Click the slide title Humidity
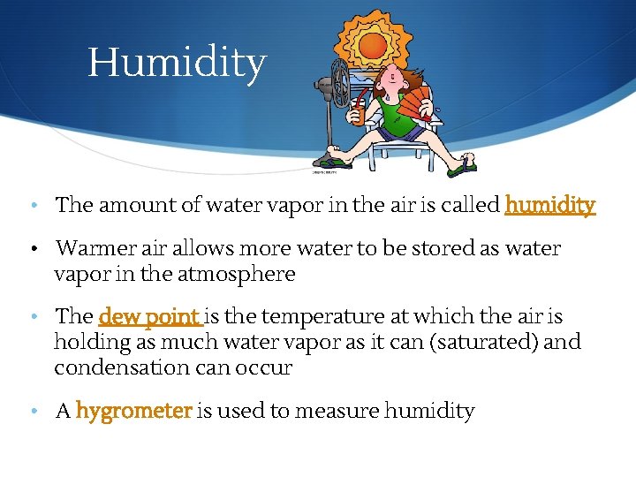coord(177,64)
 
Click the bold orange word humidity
coord(549,206)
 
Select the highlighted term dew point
coord(150,316)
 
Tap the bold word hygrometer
coord(133,411)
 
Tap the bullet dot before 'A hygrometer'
coord(33,412)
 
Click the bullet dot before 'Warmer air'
coord(33,249)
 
